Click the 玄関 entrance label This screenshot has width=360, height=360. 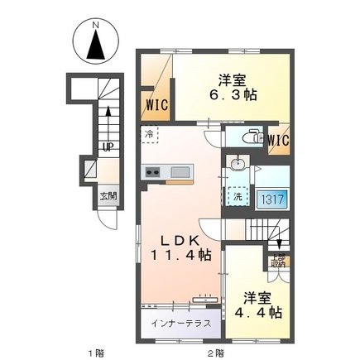point(108,196)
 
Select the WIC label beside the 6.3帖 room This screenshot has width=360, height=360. point(158,105)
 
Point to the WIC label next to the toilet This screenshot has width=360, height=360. point(278,140)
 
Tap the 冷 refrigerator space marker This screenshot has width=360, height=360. point(149,133)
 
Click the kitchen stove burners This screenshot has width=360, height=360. point(152,172)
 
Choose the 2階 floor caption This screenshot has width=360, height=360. point(216,353)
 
